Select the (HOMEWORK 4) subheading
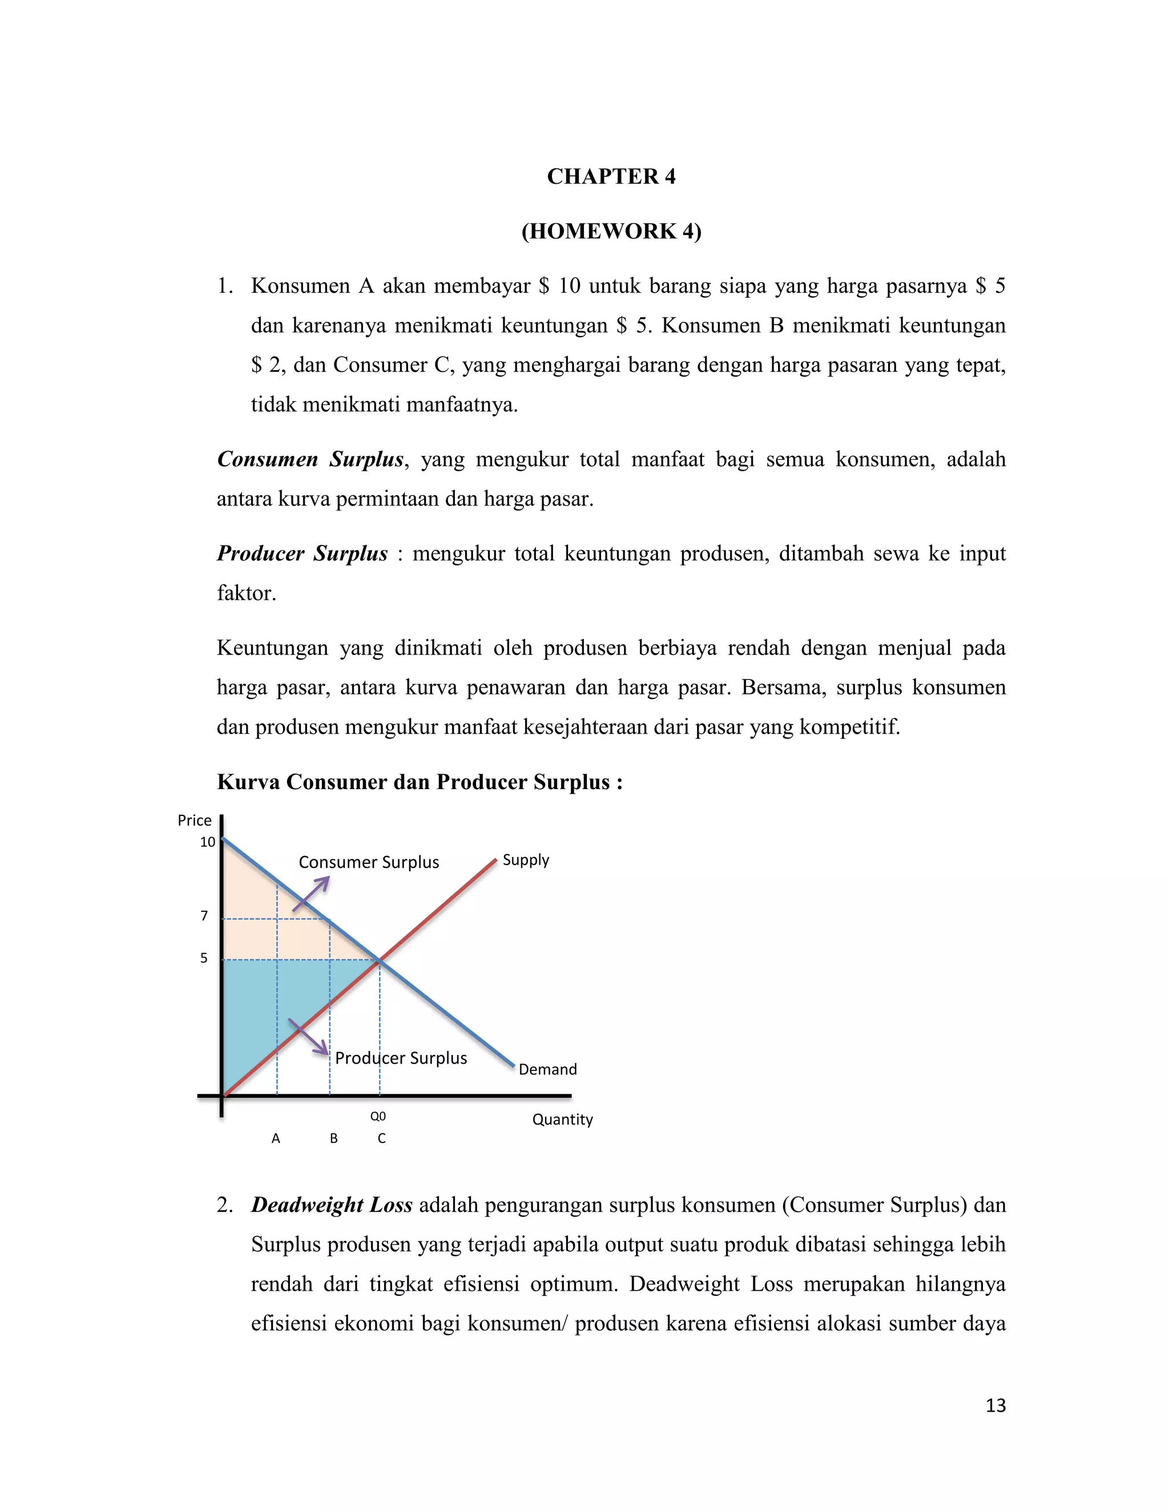[611, 231]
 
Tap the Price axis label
[194, 820]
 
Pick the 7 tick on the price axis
[204, 916]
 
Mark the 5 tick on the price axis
[204, 958]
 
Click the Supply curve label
[526, 860]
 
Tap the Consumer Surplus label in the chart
[368, 863]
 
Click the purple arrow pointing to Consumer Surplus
[311, 894]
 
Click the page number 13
[995, 1405]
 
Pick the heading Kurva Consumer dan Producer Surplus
[420, 782]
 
